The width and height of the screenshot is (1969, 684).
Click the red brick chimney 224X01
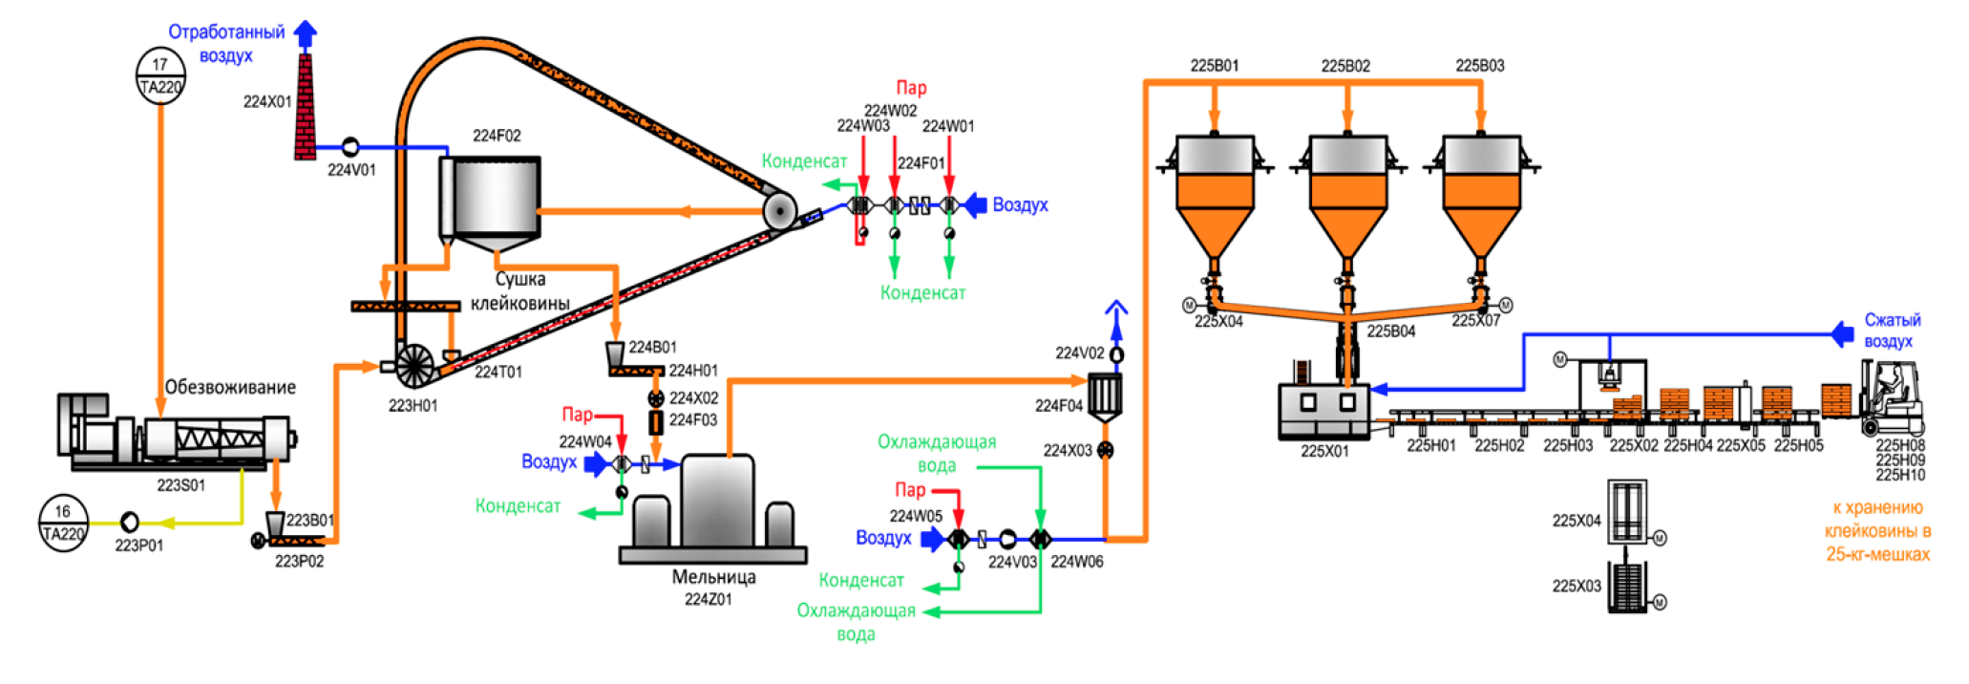tap(305, 107)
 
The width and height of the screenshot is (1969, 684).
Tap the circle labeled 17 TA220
tap(160, 75)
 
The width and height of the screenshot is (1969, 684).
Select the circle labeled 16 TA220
tap(63, 523)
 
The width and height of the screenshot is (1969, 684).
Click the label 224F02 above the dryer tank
tap(497, 136)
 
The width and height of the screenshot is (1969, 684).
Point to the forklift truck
tap(1892, 399)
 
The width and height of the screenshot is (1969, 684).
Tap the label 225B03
tap(1479, 66)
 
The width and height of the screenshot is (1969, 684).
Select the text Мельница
tap(713, 577)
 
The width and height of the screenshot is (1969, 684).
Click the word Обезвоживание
tap(230, 387)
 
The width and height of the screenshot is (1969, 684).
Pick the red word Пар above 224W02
tap(911, 88)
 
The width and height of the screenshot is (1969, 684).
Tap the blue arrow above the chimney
tap(306, 34)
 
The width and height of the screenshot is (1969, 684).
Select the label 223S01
tap(181, 485)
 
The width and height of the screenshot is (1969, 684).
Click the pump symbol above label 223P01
tap(129, 522)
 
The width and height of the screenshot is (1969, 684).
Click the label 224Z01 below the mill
tap(708, 599)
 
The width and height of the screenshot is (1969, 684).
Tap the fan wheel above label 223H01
tap(414, 364)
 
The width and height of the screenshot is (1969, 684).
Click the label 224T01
tap(498, 372)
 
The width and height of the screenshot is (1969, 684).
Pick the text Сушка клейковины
tap(520, 291)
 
